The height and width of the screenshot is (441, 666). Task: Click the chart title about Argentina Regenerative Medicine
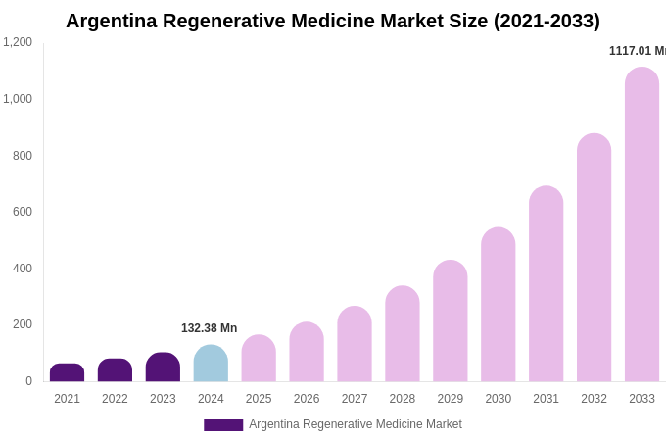click(333, 21)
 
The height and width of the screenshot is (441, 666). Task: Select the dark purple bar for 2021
click(67, 373)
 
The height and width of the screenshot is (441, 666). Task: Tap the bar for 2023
click(163, 367)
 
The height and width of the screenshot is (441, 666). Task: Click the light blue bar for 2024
click(211, 364)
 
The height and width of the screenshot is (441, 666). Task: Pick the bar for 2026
click(307, 353)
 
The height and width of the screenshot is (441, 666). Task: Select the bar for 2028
click(403, 334)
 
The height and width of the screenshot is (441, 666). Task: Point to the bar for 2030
click(498, 305)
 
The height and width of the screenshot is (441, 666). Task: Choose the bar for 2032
click(594, 258)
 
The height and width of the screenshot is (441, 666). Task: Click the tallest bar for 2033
click(642, 224)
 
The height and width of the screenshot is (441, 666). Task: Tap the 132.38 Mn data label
click(209, 328)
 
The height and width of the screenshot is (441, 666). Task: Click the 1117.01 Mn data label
click(637, 51)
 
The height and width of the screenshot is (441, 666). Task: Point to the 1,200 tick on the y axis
click(18, 42)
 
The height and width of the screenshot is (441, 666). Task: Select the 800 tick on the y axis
click(22, 156)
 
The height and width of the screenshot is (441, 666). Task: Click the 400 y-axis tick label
click(22, 269)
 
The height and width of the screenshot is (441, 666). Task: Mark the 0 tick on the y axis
click(28, 381)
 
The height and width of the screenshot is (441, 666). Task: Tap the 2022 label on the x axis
click(115, 399)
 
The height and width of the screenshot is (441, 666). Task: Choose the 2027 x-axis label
click(355, 399)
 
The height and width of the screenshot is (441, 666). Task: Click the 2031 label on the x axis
click(546, 399)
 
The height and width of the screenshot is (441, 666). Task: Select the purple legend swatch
click(223, 425)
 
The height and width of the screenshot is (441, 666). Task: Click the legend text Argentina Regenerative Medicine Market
click(356, 424)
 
